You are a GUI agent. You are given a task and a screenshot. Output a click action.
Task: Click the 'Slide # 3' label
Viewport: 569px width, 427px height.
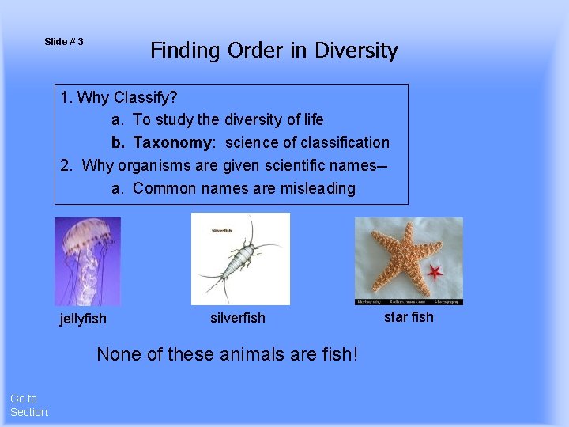(64, 41)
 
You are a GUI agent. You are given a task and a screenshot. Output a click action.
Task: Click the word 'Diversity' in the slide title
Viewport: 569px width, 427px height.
(356, 51)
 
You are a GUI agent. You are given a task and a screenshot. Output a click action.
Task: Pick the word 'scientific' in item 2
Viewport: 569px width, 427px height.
(300, 165)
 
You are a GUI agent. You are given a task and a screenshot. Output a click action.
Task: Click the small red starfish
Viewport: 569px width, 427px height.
(435, 274)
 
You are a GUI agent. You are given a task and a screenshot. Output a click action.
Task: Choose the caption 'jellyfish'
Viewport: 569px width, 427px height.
(83, 319)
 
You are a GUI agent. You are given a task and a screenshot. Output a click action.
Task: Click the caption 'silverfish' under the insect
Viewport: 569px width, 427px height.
(238, 318)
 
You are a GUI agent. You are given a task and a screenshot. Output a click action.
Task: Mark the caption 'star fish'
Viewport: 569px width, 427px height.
(409, 317)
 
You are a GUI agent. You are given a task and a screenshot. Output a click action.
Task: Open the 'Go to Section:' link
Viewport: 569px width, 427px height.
(29, 406)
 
